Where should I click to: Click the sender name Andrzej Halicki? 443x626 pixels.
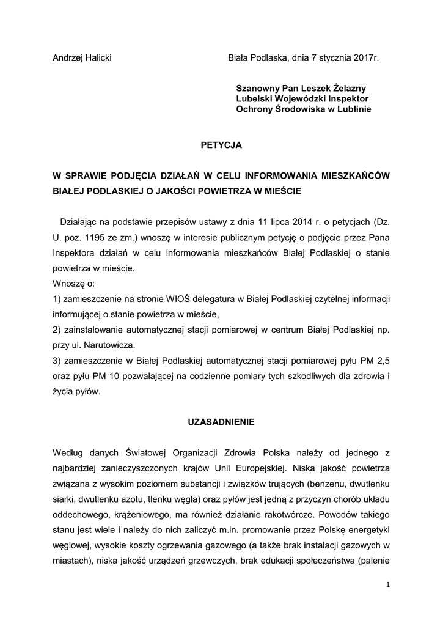(82, 57)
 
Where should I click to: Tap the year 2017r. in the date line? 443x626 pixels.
(365, 57)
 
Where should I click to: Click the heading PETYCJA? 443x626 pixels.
(221, 145)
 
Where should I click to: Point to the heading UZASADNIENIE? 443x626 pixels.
(221, 422)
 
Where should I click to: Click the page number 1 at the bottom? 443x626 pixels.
(387, 584)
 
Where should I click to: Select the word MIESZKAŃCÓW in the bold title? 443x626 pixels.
(354, 175)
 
